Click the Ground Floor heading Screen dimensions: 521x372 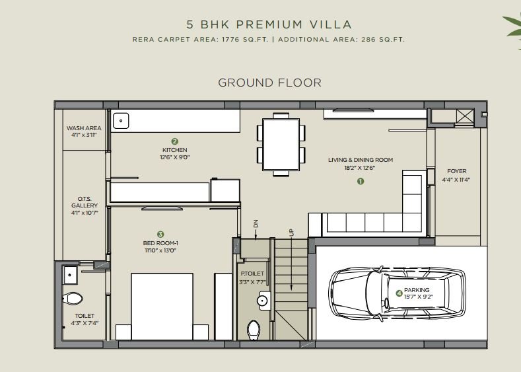(270, 83)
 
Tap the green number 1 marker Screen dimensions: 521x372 (361, 181)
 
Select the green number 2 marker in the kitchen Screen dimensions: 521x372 (175, 141)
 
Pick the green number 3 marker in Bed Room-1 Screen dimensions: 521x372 (160, 235)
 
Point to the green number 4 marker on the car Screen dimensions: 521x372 (399, 293)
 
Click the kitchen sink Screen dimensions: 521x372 (121, 121)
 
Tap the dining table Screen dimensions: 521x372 (281, 145)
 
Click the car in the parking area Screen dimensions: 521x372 (397, 293)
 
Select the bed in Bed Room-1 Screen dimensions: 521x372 (162, 307)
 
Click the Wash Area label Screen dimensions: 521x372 (84, 128)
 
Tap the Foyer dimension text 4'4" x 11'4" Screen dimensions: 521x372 (456, 180)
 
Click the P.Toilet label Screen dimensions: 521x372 (252, 274)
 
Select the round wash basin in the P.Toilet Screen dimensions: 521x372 (262, 301)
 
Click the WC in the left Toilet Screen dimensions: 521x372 (73, 299)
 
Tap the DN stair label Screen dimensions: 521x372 (256, 224)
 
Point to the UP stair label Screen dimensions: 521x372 (291, 233)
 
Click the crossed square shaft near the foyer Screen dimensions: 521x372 (465, 116)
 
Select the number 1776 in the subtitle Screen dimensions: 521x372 (230, 39)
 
